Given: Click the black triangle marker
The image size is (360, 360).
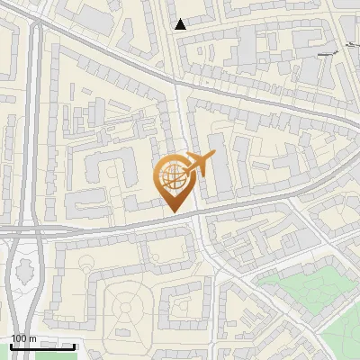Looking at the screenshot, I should [181, 24].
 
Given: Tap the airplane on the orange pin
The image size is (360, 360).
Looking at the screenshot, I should [199, 164].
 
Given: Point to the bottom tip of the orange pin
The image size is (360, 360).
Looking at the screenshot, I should [174, 212].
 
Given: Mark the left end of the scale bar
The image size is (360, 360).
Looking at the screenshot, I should [10, 346].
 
